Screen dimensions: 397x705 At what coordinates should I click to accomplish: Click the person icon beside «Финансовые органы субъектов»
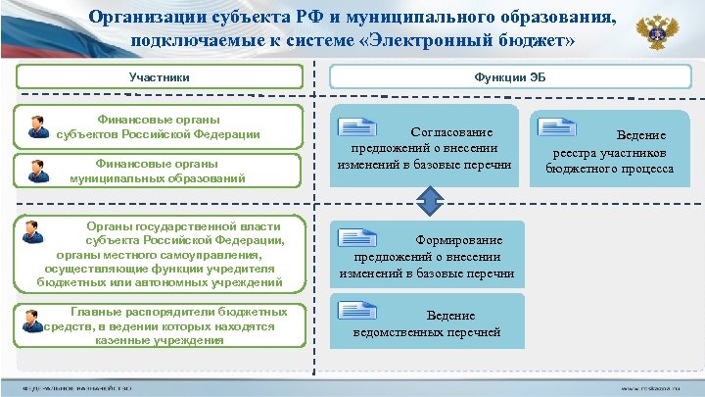point(39,126)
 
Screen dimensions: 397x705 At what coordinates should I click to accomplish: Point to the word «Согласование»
point(451,131)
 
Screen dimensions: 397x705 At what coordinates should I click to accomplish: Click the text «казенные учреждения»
point(160,339)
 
